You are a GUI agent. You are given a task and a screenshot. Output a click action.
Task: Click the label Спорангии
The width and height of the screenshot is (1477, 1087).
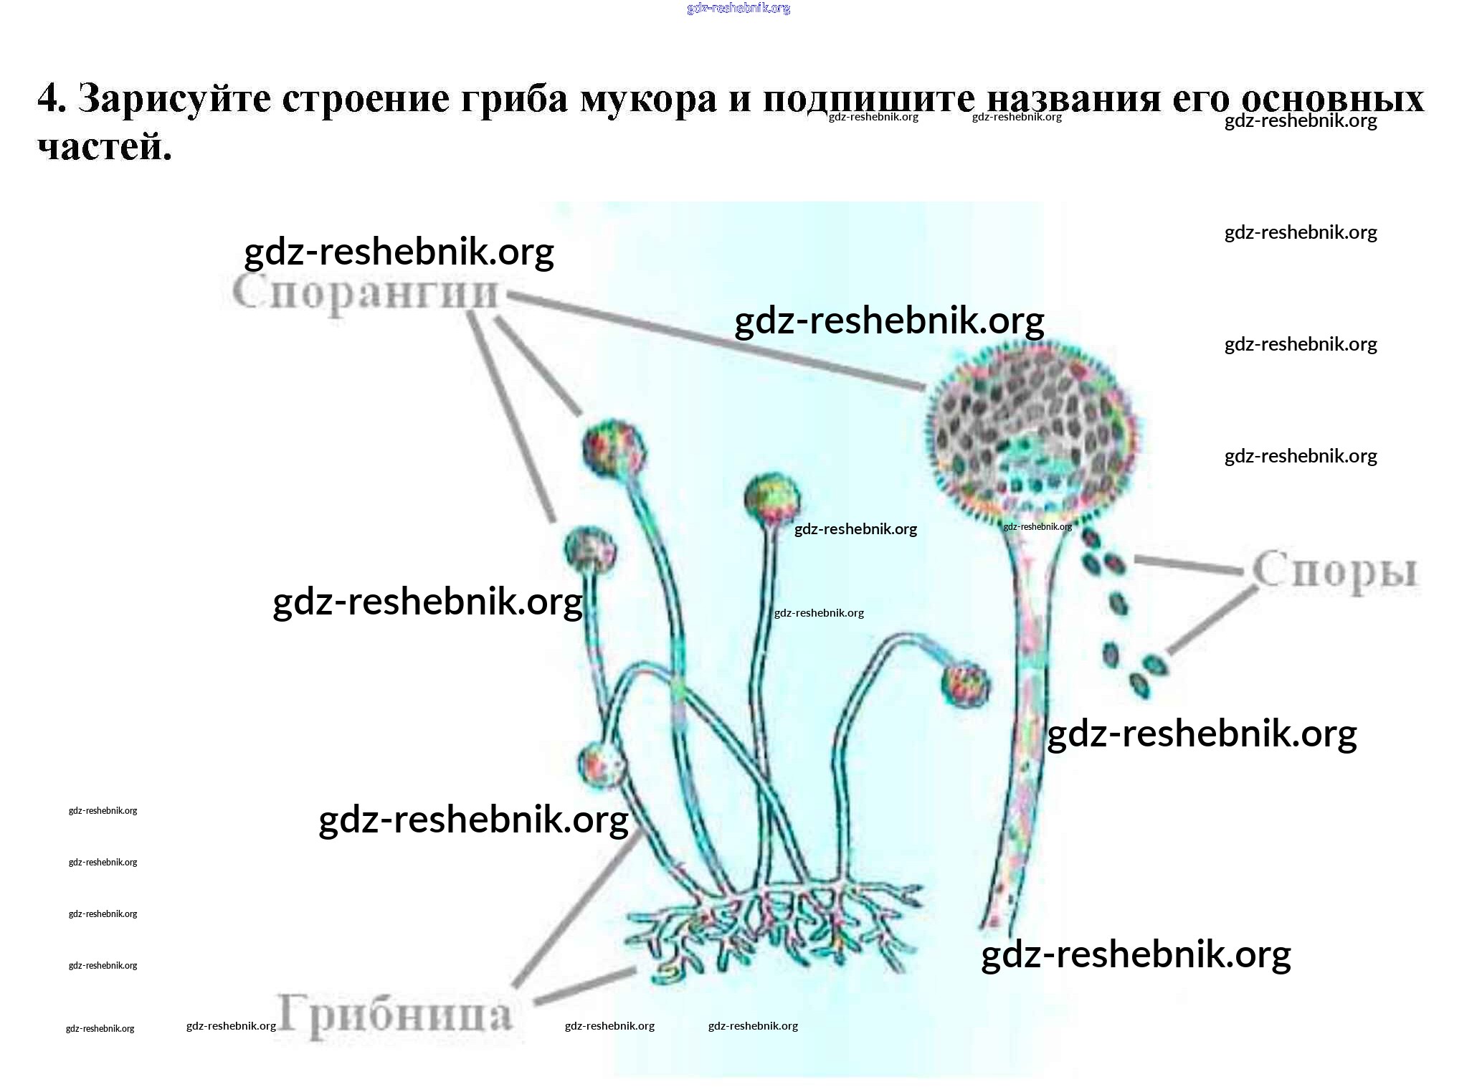[x=364, y=294]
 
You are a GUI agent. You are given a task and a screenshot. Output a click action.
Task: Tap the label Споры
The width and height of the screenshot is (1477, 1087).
[x=1335, y=571]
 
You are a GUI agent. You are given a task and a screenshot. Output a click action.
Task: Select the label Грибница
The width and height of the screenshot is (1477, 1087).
[x=395, y=1015]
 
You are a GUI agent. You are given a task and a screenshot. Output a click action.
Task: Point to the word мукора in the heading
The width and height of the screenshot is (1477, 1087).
[x=647, y=98]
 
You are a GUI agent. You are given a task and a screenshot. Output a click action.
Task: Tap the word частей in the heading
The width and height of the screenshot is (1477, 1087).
[x=104, y=147]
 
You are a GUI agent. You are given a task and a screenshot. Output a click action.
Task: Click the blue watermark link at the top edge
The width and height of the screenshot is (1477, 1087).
[x=738, y=8]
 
